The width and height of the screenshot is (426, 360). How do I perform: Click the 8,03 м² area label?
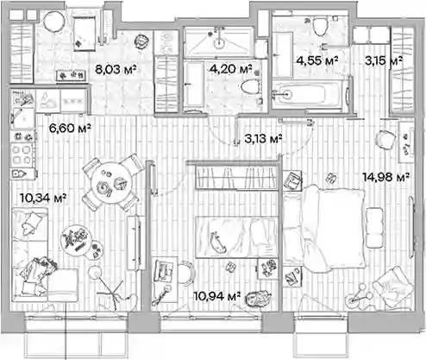click(115, 69)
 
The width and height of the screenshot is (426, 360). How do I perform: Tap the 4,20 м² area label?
click(231, 69)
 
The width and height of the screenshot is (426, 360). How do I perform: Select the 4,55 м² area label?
click(317, 60)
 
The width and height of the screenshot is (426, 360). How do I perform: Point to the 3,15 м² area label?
click(384, 60)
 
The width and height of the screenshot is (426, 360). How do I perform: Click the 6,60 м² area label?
click(70, 128)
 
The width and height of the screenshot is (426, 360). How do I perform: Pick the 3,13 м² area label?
click(263, 139)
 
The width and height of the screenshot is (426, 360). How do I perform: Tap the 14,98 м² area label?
click(386, 177)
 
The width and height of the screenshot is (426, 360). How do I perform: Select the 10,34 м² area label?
click(43, 198)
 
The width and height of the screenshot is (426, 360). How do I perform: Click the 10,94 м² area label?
click(217, 295)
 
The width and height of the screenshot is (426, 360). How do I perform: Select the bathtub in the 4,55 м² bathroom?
click(308, 94)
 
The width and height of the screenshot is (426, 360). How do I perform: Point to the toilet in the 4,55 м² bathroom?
click(320, 26)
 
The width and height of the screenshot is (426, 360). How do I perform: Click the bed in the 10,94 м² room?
click(237, 237)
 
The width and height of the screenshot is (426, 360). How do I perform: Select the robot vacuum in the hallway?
click(142, 41)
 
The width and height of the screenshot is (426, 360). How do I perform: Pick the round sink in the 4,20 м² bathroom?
click(219, 42)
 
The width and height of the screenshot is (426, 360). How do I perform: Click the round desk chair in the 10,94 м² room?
click(186, 273)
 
